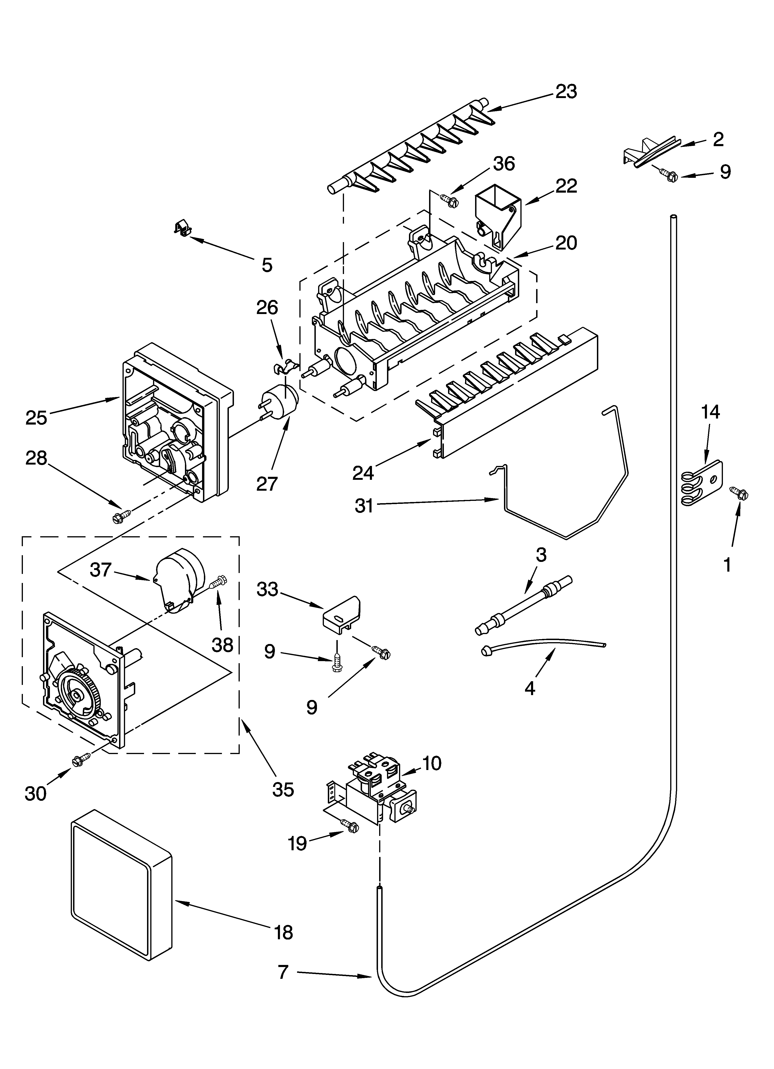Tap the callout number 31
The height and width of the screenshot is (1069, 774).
[x=364, y=506]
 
